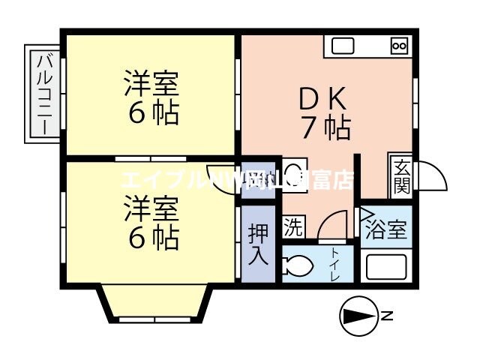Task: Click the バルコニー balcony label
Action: click(43, 93)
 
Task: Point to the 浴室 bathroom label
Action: click(386, 229)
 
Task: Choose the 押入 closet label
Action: click(257, 243)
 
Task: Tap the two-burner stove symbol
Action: click(399, 46)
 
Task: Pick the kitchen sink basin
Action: click(343, 46)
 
